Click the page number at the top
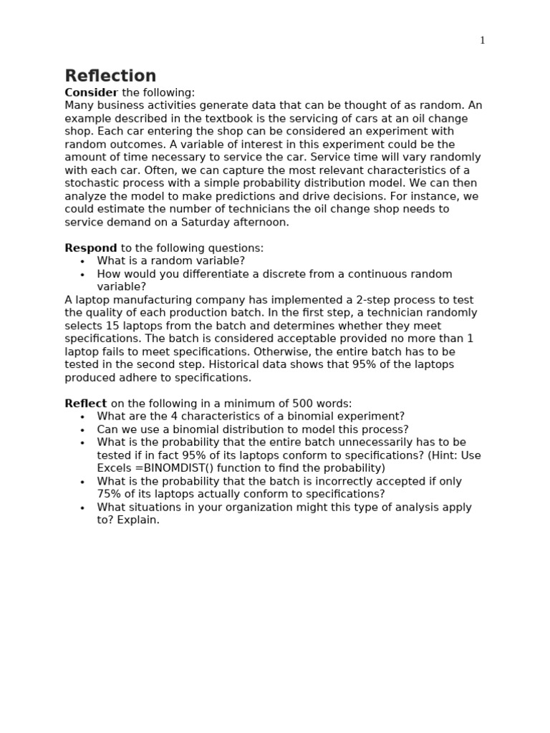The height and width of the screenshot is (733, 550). (482, 41)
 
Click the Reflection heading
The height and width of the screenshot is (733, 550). (110, 77)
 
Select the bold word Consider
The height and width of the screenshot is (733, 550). (91, 93)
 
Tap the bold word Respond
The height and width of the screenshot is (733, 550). (91, 248)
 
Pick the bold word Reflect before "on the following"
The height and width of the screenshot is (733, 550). (86, 404)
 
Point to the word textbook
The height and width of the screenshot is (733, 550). (236, 119)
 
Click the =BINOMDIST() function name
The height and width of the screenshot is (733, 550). (168, 469)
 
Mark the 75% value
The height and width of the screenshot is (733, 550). (109, 495)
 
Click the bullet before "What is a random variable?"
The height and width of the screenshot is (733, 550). (82, 262)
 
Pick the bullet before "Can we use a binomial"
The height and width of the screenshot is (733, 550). (82, 430)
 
